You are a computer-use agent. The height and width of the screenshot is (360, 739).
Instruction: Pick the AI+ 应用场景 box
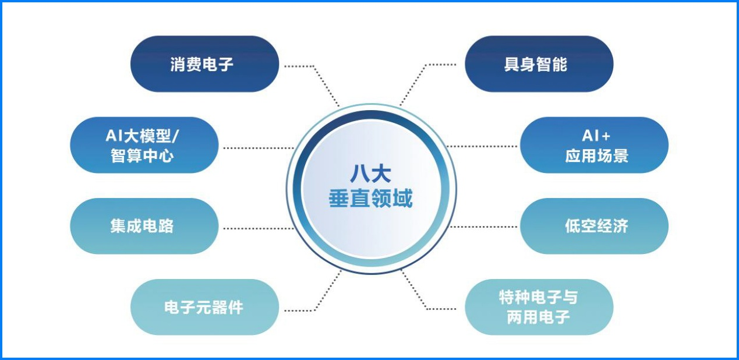pos(594,145)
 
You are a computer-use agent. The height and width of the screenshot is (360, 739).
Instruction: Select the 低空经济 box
pos(594,226)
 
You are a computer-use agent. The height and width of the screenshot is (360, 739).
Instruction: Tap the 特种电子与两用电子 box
pos(539,307)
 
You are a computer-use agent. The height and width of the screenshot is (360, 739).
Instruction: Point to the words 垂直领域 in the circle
pos(370,199)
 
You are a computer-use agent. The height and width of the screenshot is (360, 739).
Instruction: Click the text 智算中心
pos(142,156)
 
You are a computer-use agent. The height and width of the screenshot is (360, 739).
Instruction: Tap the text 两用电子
pos(538,317)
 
